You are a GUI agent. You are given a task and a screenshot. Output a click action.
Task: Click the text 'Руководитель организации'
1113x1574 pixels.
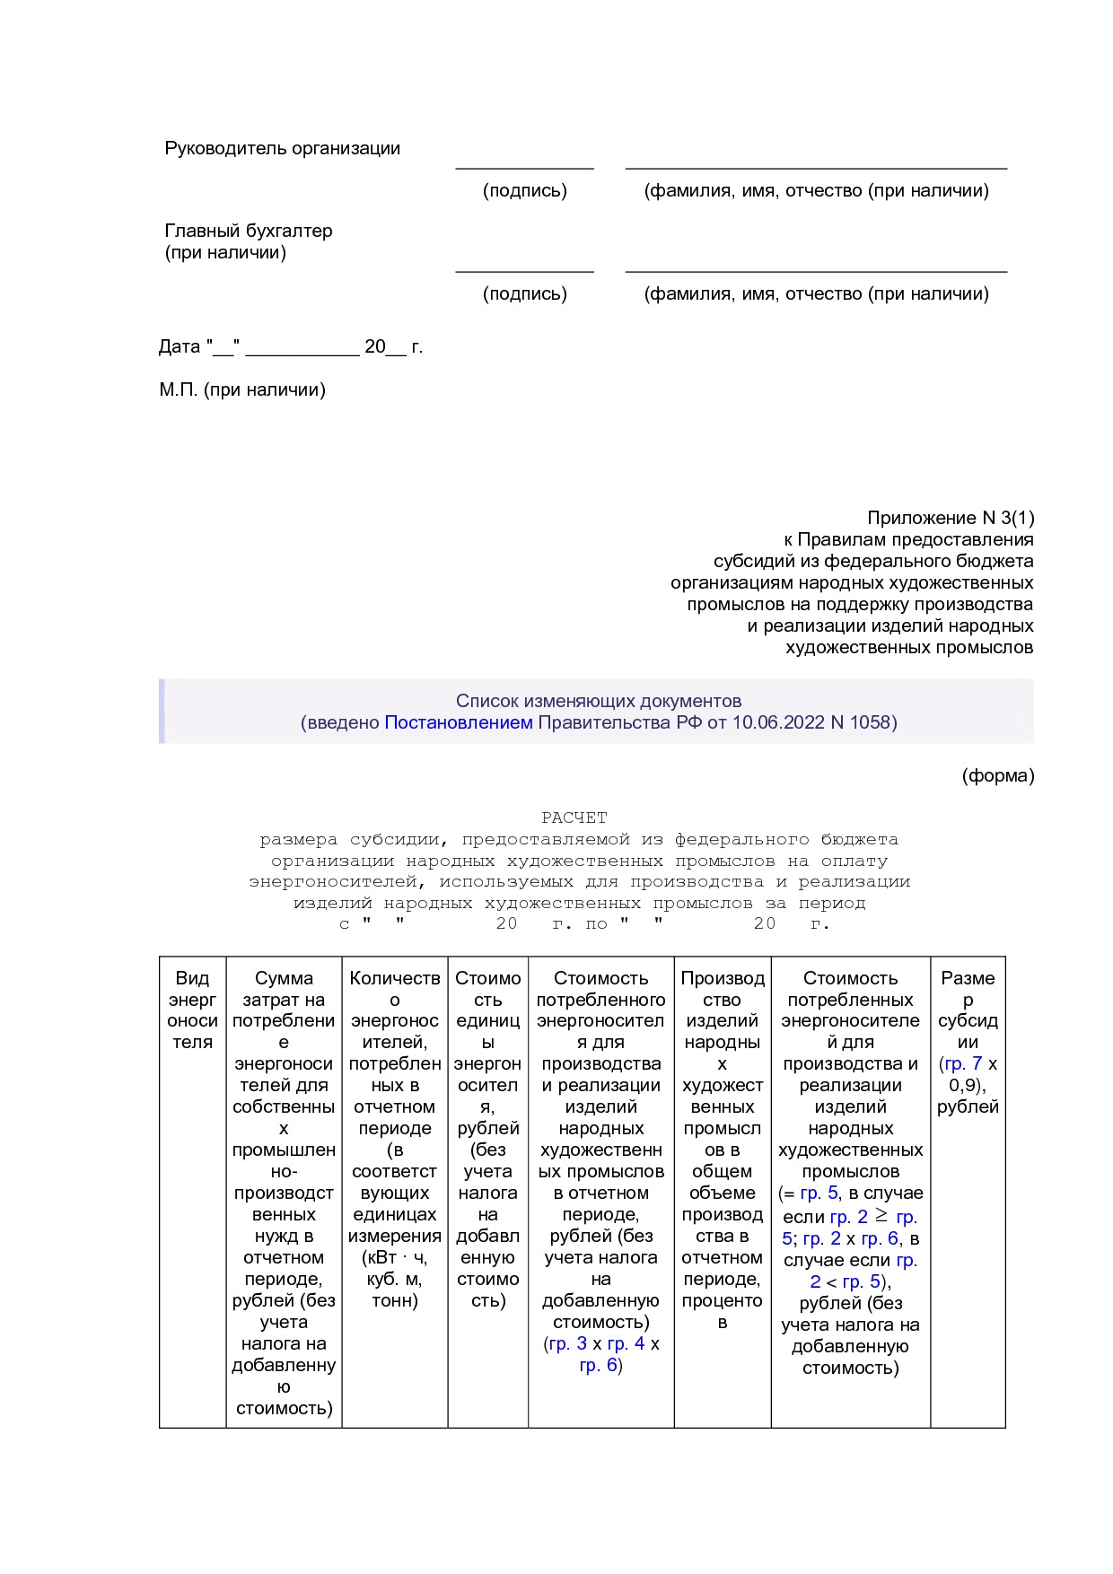tap(282, 148)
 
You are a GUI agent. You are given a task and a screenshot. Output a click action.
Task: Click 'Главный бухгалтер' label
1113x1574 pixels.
tap(248, 231)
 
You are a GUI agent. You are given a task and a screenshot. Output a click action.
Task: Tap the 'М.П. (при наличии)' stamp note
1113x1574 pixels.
tap(242, 389)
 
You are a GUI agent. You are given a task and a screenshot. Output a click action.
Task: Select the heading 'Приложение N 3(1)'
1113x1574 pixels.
tap(950, 518)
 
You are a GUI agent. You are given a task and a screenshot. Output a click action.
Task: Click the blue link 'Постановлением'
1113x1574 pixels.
tap(458, 722)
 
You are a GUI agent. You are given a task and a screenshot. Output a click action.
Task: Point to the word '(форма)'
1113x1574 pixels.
tap(998, 775)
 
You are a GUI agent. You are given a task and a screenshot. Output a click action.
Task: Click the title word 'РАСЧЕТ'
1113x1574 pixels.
tap(574, 818)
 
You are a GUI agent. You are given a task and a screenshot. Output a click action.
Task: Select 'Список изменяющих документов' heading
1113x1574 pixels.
tap(598, 701)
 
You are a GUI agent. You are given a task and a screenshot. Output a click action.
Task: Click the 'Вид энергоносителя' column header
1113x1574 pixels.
tap(192, 1010)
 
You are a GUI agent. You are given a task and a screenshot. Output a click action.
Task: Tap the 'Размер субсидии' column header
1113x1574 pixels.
tap(968, 1010)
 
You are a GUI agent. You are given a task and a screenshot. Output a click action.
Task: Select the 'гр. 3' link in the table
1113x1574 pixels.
tap(567, 1343)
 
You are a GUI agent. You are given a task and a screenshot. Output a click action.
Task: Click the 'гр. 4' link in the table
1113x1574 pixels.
tap(626, 1343)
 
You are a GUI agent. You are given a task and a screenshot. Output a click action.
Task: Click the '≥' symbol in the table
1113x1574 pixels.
tap(881, 1216)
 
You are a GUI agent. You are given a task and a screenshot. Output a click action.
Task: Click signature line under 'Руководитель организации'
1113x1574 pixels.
tap(524, 168)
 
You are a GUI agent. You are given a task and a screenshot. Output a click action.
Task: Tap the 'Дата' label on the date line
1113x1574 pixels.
tap(180, 346)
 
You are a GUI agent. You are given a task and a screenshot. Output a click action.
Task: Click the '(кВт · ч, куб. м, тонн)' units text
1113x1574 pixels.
tap(395, 1279)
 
